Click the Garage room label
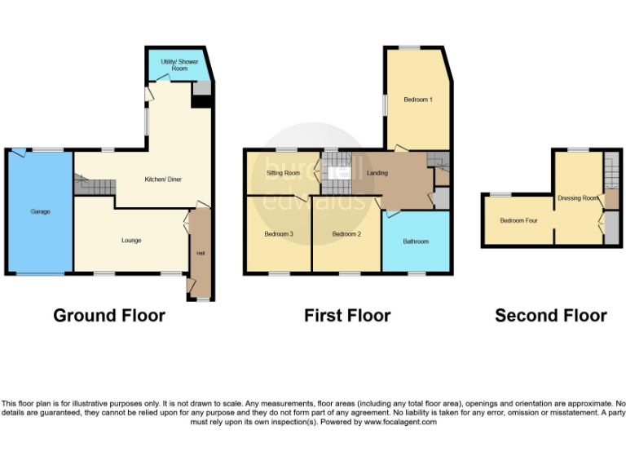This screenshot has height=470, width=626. click(x=40, y=211)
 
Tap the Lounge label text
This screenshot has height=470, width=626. click(x=131, y=240)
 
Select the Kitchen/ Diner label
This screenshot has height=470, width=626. click(x=161, y=179)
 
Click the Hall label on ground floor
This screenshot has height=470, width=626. click(x=200, y=253)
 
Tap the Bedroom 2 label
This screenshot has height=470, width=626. click(x=346, y=234)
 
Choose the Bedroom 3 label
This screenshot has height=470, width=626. click(x=278, y=234)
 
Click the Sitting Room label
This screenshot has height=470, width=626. click(x=283, y=173)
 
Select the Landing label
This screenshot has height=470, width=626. click(x=377, y=173)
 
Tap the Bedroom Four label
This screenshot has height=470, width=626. click(x=518, y=220)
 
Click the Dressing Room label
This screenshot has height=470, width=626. click(x=578, y=197)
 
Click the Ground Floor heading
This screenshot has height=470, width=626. click(x=109, y=315)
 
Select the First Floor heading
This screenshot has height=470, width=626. click(x=347, y=315)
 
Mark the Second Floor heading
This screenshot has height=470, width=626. click(x=551, y=315)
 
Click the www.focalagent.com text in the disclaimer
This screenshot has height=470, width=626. click(x=399, y=422)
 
